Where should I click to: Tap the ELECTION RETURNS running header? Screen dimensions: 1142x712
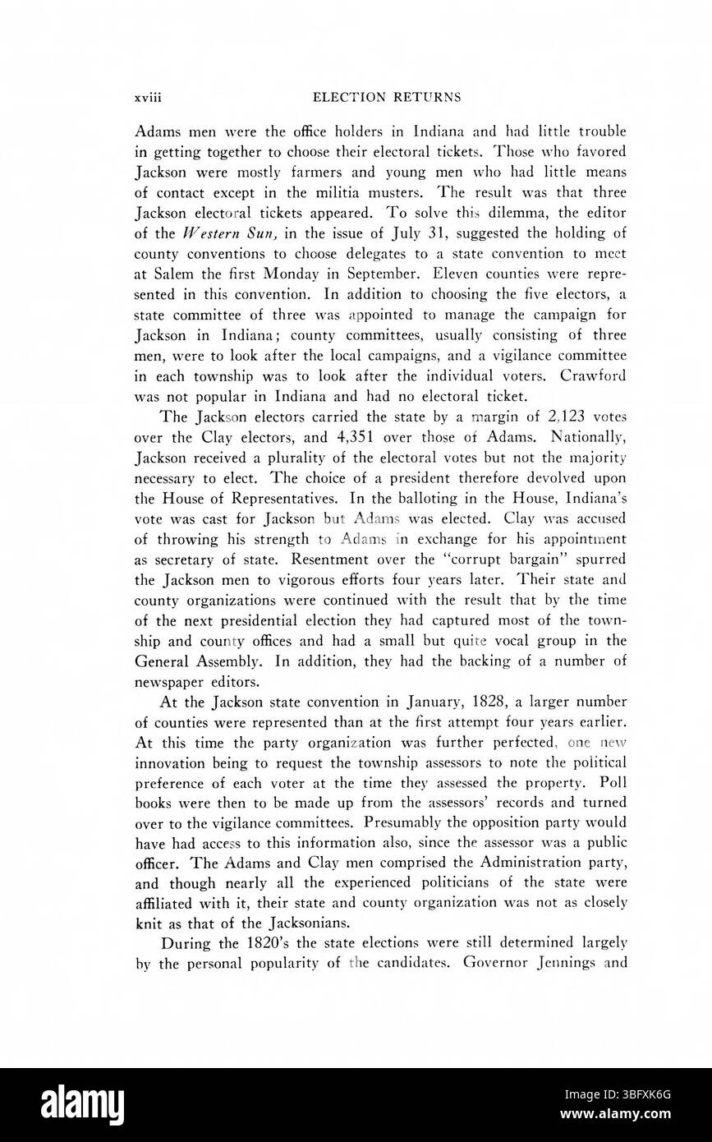(x=375, y=97)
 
